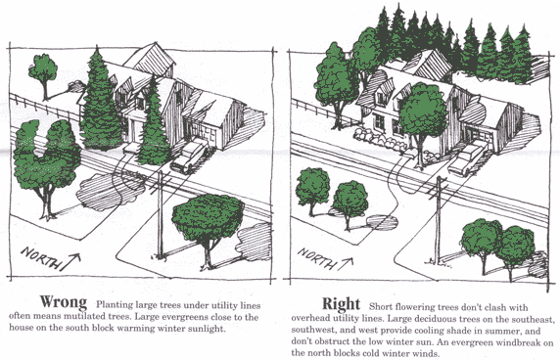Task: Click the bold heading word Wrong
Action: [64, 302]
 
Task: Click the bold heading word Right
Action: [341, 304]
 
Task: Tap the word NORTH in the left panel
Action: [40, 257]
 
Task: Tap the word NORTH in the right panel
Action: [317, 257]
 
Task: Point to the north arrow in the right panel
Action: [345, 263]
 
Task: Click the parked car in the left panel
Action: [189, 157]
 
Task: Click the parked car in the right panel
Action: [465, 159]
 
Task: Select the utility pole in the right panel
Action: [439, 219]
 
